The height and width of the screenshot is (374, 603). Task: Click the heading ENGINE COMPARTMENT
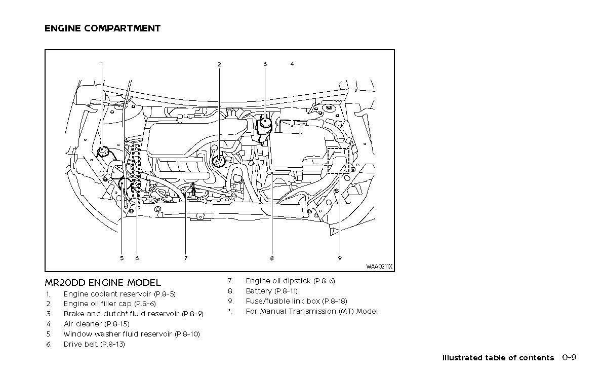(102, 28)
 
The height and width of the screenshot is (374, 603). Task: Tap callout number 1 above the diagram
(101, 64)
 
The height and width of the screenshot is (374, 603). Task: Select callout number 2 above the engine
(219, 64)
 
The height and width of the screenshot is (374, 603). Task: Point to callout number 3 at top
(265, 64)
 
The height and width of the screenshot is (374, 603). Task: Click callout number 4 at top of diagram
(292, 64)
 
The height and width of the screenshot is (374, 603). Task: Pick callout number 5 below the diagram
(122, 258)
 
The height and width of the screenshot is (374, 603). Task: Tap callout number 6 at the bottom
(137, 258)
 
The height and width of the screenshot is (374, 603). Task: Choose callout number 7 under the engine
(186, 258)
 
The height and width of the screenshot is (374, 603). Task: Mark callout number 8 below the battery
(272, 258)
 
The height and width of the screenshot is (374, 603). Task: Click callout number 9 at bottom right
(340, 258)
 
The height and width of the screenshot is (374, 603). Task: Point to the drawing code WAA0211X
(379, 267)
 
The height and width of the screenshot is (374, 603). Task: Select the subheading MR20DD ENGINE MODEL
(103, 283)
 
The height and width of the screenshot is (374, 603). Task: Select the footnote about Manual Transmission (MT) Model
(311, 311)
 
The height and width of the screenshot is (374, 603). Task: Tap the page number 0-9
(569, 357)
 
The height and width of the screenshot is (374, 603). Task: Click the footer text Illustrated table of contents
(498, 358)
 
